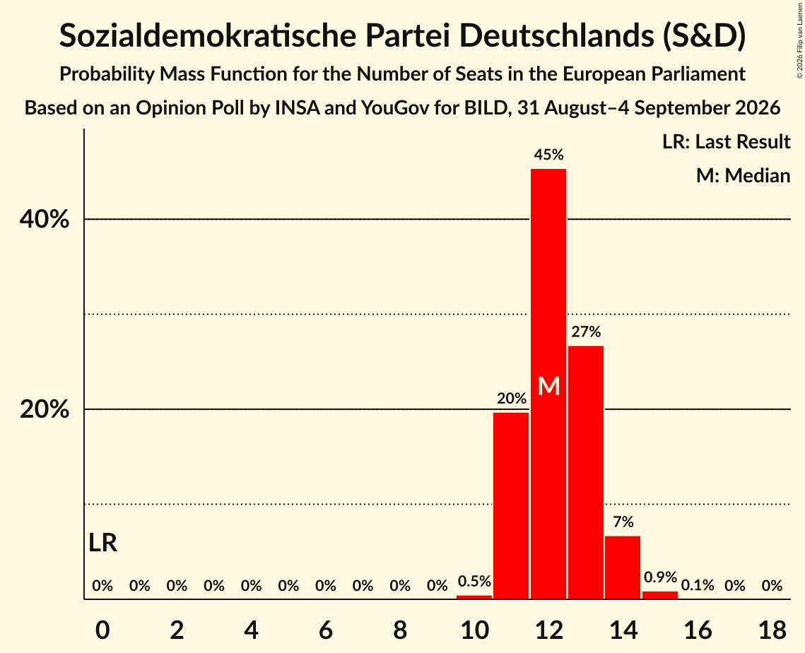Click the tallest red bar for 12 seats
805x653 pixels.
[x=548, y=384]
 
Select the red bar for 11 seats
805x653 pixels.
[x=511, y=506]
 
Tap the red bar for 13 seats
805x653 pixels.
[x=586, y=472]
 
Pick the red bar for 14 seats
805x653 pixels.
[x=623, y=567]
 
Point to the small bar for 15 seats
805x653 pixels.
[x=660, y=595]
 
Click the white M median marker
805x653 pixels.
[x=549, y=386]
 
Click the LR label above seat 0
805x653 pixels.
[x=102, y=543]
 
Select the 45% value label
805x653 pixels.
[x=549, y=155]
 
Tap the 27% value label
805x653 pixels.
[x=586, y=331]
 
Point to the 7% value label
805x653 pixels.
[x=623, y=522]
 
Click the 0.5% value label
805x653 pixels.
[x=474, y=581]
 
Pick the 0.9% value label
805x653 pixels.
[x=661, y=577]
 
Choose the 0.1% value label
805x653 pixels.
[x=698, y=585]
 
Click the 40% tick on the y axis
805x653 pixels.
[x=45, y=219]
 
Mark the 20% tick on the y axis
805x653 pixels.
[x=45, y=410]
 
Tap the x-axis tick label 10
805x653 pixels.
[x=474, y=630]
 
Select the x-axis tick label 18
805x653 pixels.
[x=772, y=630]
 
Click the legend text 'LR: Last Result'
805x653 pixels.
[x=727, y=141]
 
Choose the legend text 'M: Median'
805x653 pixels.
[x=744, y=176]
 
